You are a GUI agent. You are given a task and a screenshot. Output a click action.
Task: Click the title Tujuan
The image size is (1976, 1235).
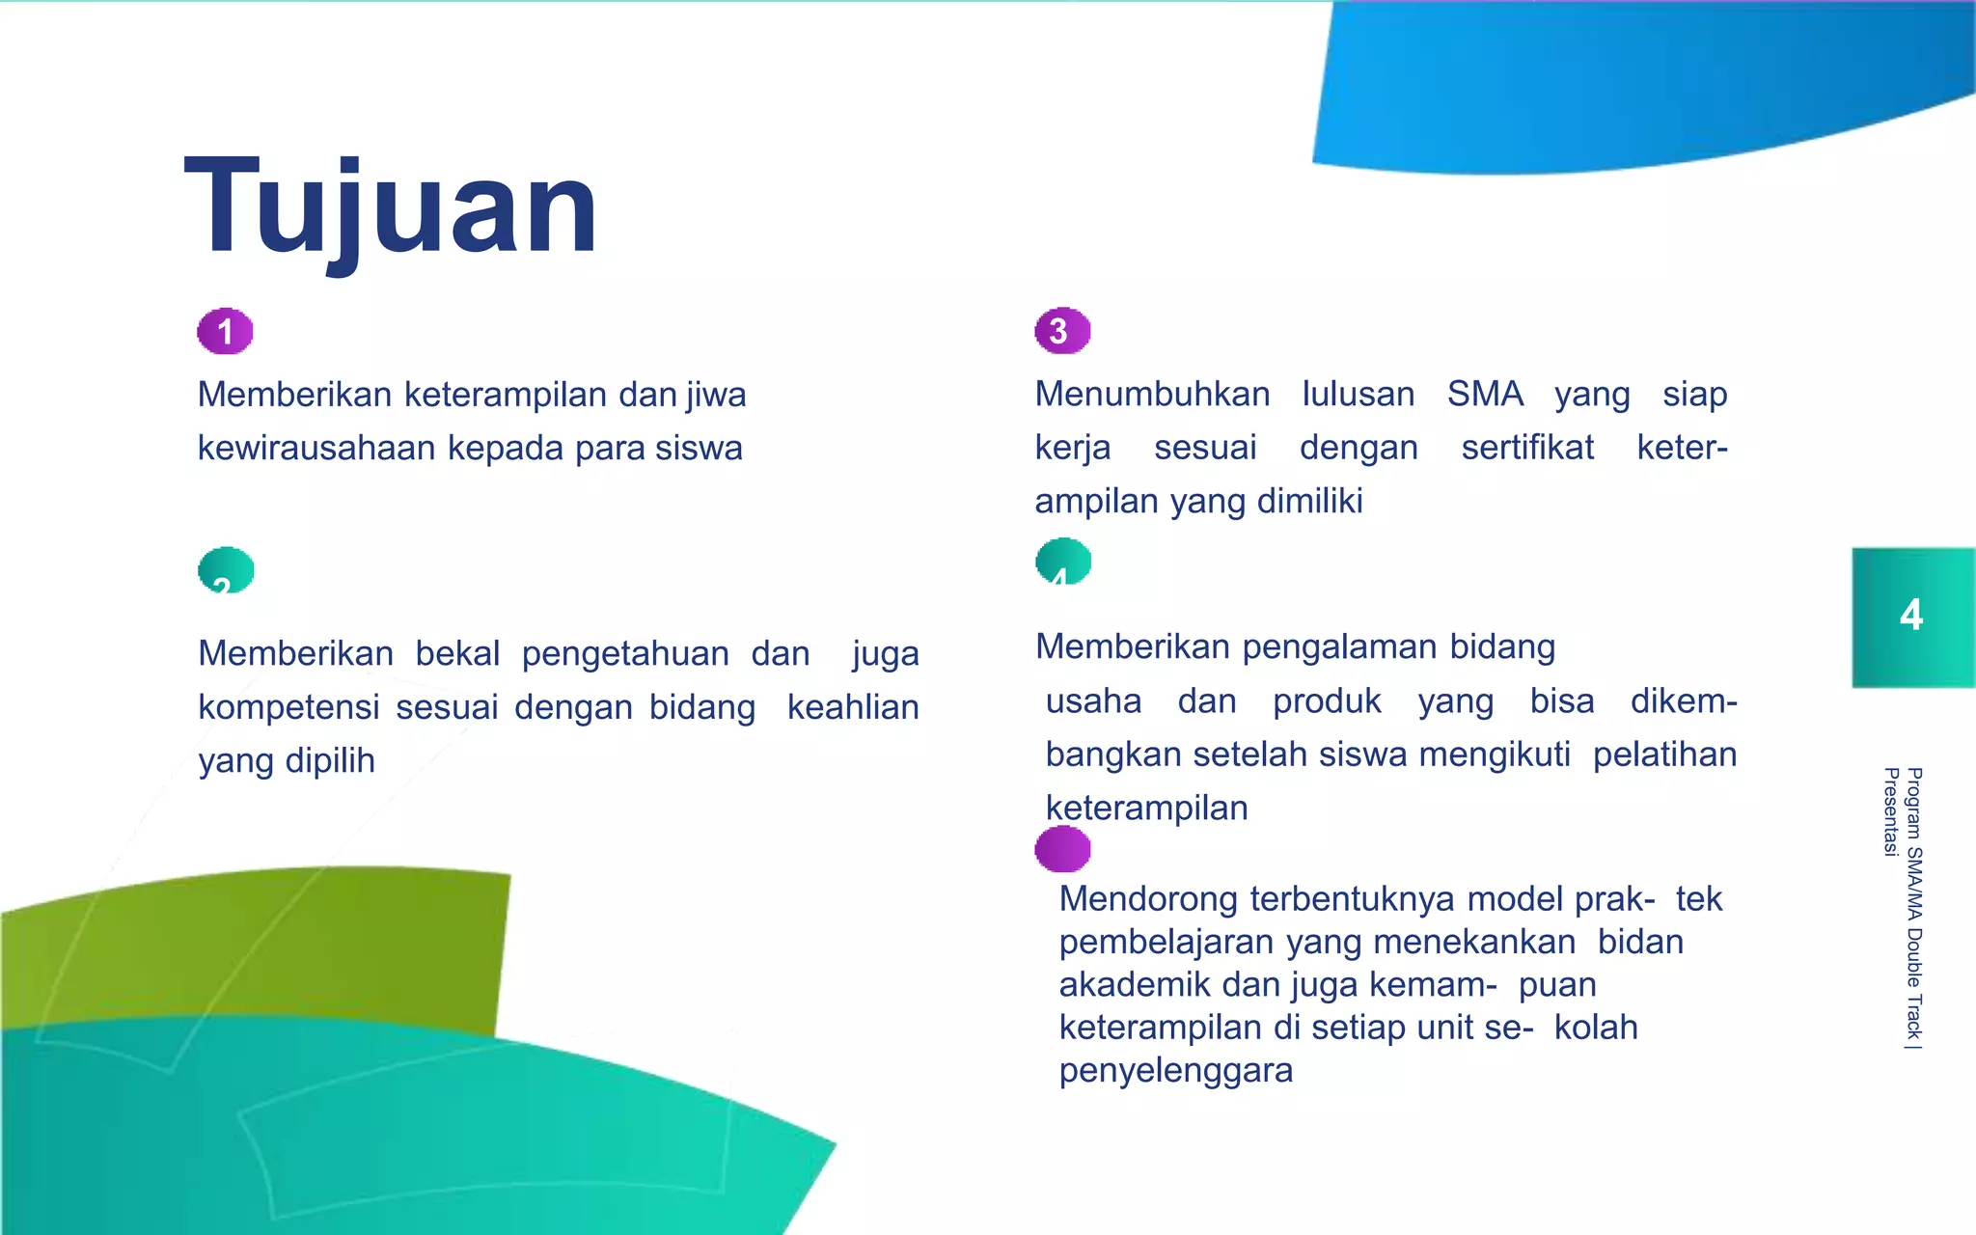391,207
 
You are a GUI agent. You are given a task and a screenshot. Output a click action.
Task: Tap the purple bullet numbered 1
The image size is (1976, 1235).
225,332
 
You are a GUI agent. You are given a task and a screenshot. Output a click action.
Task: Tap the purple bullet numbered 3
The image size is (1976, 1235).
1061,331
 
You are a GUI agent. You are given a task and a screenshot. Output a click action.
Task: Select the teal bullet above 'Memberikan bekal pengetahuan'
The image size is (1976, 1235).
226,570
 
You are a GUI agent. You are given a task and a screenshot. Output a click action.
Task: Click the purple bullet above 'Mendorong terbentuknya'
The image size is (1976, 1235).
1062,849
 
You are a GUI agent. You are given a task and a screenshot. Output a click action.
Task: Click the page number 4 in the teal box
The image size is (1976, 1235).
1910,616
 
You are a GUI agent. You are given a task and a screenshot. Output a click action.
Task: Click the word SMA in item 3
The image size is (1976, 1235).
1485,395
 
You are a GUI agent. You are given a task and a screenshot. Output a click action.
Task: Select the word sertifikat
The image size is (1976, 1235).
1527,448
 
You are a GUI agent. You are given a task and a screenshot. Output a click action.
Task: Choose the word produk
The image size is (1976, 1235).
1327,701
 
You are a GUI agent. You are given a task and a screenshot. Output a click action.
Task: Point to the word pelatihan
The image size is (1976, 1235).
1664,755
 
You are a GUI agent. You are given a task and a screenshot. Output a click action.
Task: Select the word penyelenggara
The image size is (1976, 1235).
1175,1071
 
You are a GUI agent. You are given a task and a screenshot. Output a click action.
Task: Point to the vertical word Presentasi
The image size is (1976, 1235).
1891,811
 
